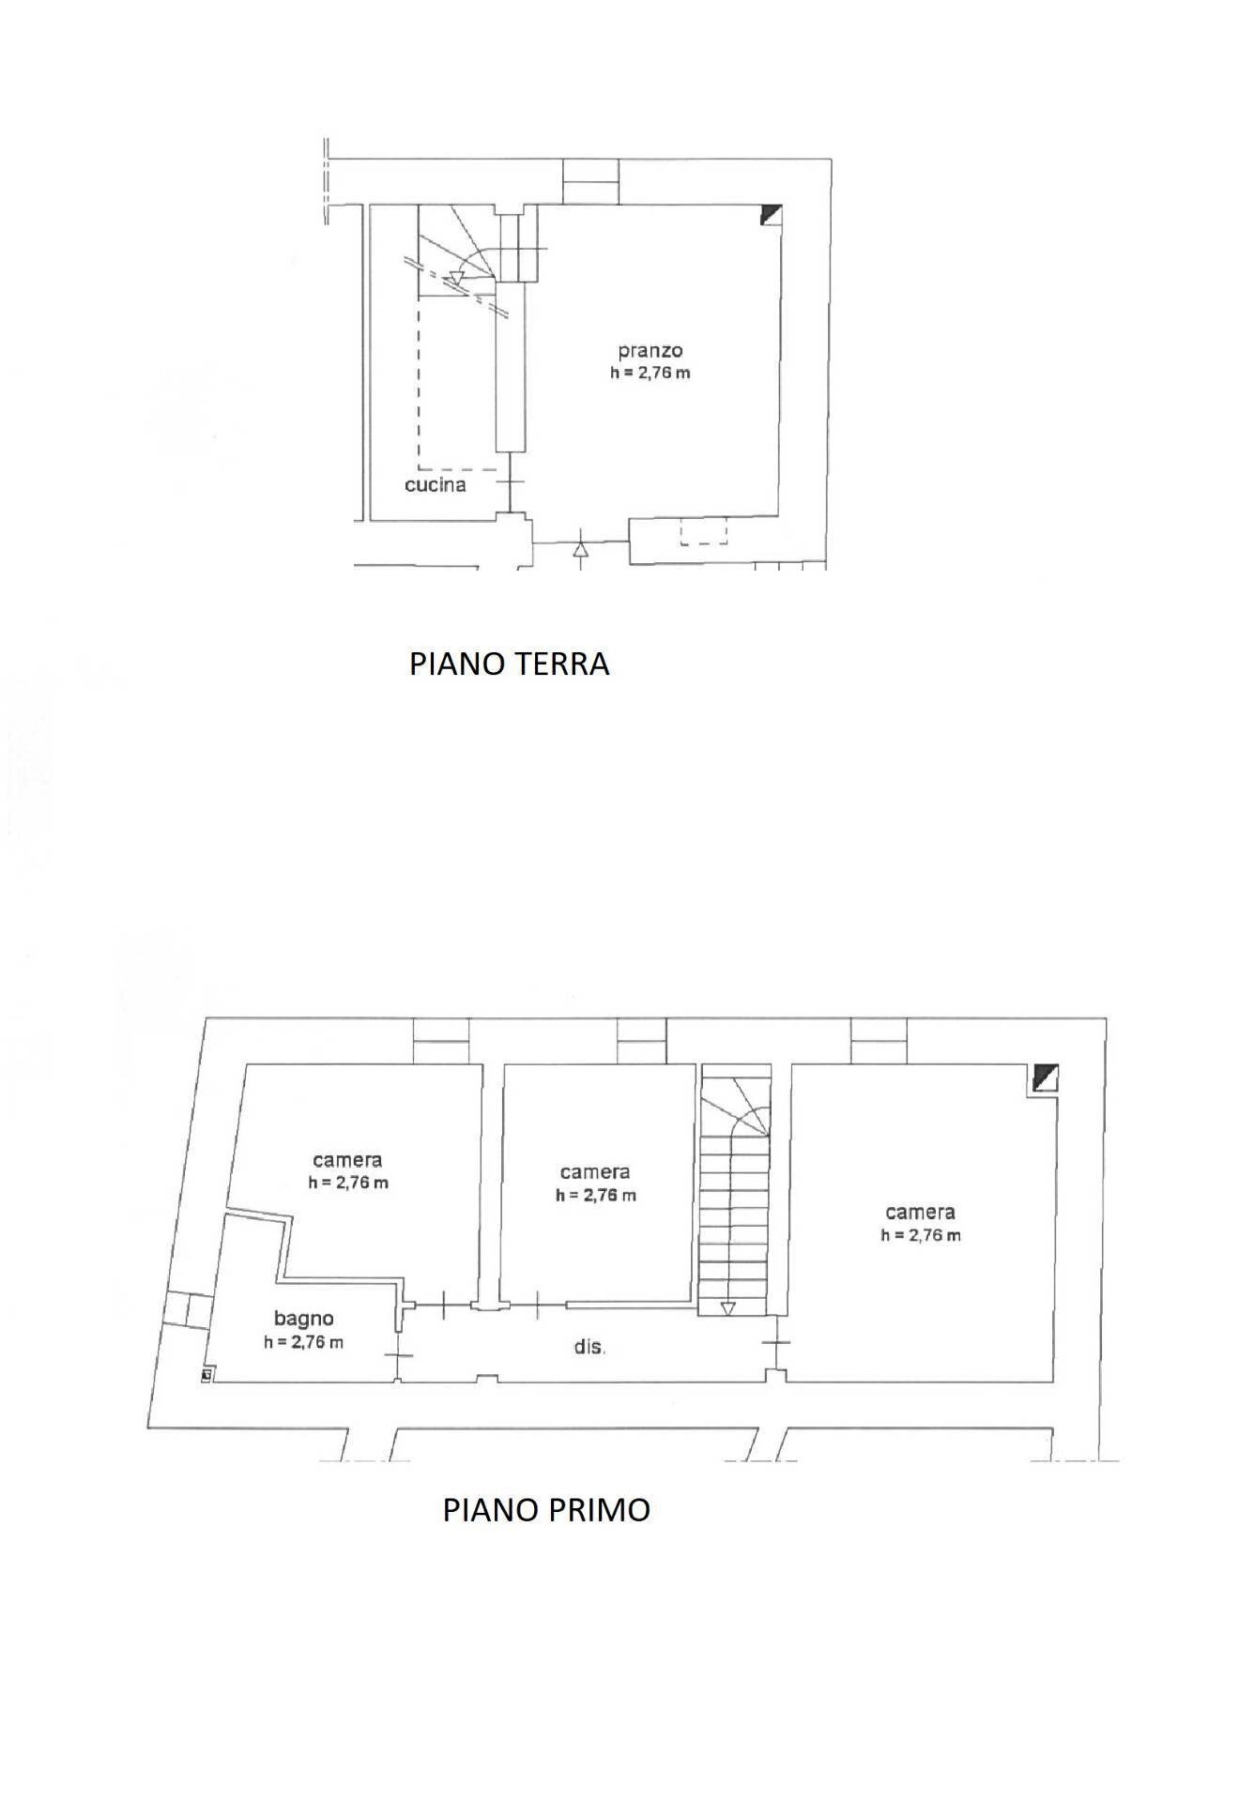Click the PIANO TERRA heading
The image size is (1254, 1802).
509,664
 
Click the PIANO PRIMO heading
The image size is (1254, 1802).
546,1510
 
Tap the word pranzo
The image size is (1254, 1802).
650,351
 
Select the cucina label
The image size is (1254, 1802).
436,485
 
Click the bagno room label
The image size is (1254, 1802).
304,1319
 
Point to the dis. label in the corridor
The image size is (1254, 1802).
589,1348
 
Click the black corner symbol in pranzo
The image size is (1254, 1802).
771,214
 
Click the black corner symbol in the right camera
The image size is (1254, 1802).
1045,1077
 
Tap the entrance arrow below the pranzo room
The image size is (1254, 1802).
581,549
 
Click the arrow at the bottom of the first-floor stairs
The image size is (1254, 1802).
727,1308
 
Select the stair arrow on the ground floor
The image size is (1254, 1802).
457,277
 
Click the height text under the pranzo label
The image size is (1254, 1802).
650,373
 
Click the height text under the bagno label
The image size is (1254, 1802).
304,1342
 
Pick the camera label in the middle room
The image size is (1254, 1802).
595,1172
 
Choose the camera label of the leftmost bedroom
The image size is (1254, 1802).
347,1161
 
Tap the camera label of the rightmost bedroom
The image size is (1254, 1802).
920,1213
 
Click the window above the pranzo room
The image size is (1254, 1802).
590,180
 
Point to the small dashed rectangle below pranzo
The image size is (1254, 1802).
704,533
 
